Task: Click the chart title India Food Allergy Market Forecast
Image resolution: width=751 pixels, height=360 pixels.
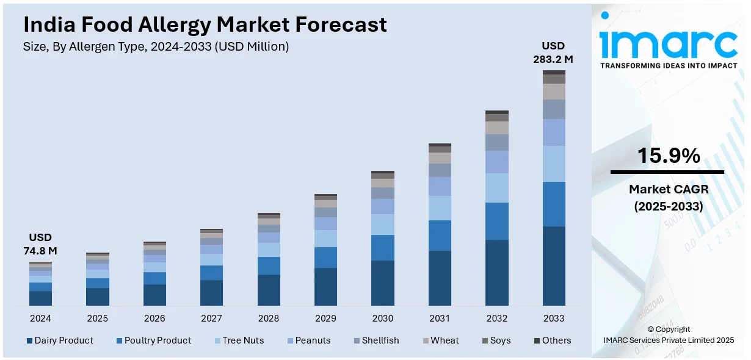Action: coord(205,24)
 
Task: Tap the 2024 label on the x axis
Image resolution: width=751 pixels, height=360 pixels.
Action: coord(40,319)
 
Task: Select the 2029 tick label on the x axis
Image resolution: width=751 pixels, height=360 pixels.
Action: coord(325,319)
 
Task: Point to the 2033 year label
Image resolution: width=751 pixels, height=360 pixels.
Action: coord(554,319)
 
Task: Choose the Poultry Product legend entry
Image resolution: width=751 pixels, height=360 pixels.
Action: coord(153,340)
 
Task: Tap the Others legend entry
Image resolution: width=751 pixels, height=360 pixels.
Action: coord(553,340)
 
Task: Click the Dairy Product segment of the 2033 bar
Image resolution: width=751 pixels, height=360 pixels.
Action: coord(554,266)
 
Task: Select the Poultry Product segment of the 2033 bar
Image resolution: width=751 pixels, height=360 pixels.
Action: coord(554,204)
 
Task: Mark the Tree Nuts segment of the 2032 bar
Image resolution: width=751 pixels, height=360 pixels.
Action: coord(497,188)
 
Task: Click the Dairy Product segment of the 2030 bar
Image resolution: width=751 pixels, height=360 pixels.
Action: coord(383,283)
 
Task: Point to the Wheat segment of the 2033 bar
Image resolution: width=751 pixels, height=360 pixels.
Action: coord(554,92)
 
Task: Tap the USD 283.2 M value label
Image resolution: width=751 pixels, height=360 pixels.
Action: coord(554,52)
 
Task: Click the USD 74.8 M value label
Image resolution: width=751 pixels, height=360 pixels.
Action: coord(40,244)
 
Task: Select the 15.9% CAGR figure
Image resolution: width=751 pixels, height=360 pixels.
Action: coord(669,156)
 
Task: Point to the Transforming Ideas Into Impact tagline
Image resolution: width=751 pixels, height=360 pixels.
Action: coord(669,65)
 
